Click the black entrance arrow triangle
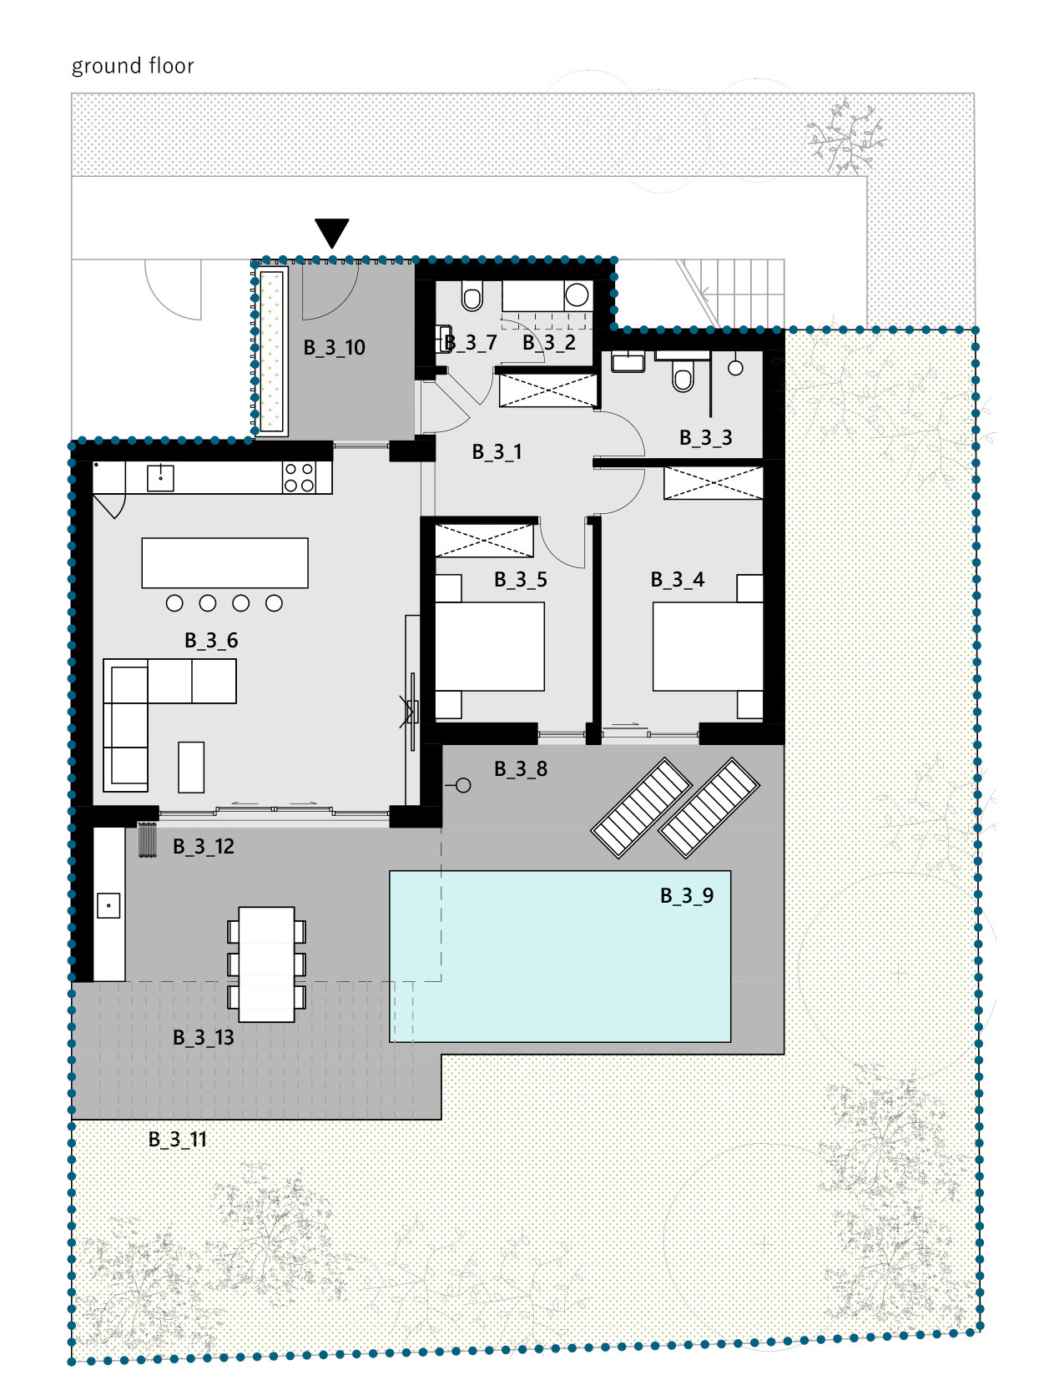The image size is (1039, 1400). coord(331,232)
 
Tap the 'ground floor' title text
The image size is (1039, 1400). coord(133,66)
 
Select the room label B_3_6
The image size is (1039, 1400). coord(211,640)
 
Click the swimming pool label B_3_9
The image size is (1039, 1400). coord(687,895)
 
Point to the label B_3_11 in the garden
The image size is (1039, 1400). coord(178,1139)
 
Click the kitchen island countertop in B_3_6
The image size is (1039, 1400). coord(224,562)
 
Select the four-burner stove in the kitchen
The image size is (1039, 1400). coord(300,477)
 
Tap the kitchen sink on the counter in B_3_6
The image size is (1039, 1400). coord(160,478)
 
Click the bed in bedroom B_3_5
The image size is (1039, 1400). coord(490,646)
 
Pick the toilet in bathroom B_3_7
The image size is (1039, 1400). coord(472,297)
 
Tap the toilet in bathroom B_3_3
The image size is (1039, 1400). coord(683,376)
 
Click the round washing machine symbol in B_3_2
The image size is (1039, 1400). coord(577,295)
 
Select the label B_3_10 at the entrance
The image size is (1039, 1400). coord(334,347)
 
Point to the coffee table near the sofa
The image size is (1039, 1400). coord(191,767)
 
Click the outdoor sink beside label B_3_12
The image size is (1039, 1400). coord(108,905)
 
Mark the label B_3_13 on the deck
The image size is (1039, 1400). coord(204,1036)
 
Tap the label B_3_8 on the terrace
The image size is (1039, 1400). coord(521,768)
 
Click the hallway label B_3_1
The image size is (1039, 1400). coord(497,451)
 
